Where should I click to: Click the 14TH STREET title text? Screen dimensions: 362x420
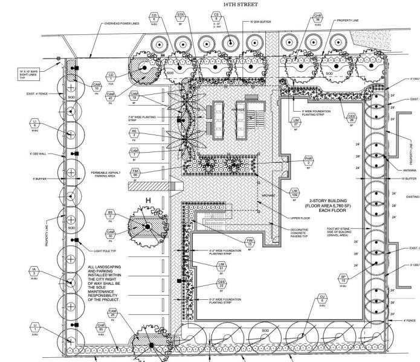coord(240,4)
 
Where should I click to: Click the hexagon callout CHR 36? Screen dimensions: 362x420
coord(318,17)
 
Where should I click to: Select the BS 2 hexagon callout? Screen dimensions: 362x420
coord(110,215)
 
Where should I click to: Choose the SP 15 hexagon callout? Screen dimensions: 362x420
coord(343,280)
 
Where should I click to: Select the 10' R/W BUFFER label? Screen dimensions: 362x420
coord(261,22)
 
